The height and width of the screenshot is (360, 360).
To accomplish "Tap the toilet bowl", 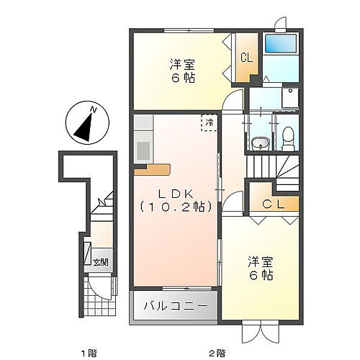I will (287, 135).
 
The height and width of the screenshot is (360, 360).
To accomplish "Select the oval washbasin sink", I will (260, 143).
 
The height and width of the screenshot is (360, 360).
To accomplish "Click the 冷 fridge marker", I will (209, 123).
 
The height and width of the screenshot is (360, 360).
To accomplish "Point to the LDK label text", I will (175, 193).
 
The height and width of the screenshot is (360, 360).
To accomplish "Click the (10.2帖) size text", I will (175, 207).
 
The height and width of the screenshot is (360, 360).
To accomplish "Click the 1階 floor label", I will (88, 352).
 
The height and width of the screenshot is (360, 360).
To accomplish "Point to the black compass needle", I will (84, 125).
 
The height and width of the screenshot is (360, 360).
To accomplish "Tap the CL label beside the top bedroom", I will (246, 58).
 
